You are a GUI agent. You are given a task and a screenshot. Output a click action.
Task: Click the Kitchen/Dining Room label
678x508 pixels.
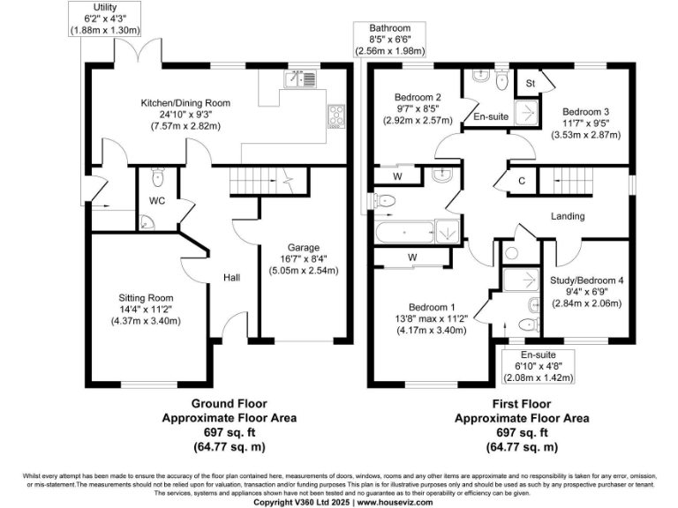point(185,103)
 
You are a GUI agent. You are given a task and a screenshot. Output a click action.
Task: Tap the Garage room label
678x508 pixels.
point(302,247)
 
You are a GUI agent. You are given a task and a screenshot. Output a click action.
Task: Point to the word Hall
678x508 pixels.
point(231,278)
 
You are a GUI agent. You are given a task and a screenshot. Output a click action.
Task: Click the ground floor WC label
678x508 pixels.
point(156,201)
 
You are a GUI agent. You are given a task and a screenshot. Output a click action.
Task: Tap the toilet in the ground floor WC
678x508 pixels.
point(158,177)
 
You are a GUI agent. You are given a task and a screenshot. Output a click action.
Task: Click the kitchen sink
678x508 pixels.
point(301,80)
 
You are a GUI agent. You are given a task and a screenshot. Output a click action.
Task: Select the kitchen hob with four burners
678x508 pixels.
point(336,113)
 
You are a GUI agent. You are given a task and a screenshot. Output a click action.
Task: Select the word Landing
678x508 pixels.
point(568,216)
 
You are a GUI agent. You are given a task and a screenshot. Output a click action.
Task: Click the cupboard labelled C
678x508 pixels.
point(522,181)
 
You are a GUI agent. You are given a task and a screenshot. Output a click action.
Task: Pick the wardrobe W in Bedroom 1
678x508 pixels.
point(412,258)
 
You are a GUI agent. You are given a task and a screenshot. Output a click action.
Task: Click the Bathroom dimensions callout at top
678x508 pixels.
point(390,40)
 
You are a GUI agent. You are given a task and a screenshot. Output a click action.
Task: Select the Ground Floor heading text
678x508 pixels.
point(229,402)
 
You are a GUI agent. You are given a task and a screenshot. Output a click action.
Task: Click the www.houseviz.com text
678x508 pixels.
point(395,502)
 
